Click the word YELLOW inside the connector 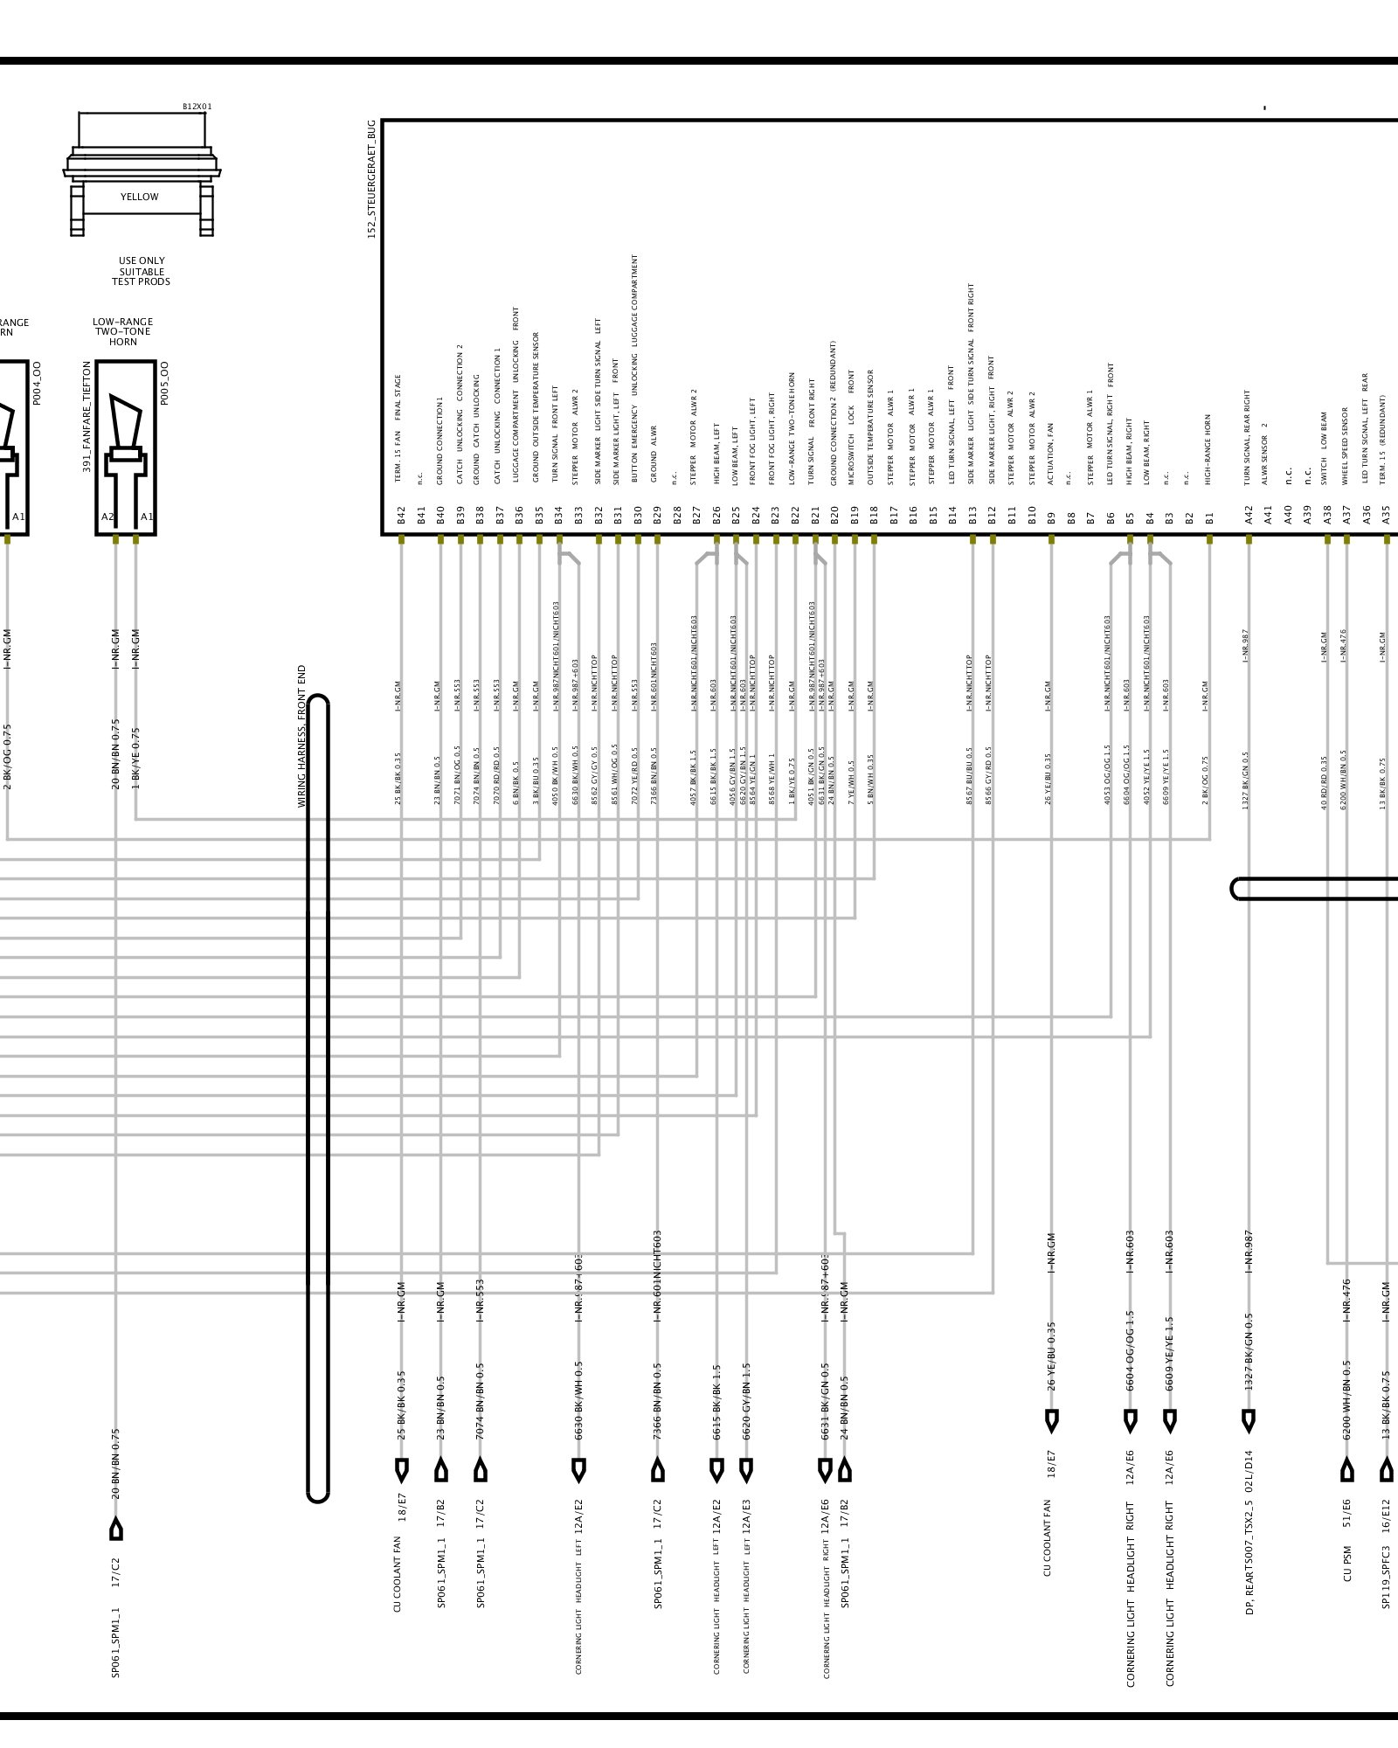(x=140, y=198)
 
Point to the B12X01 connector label (x=197, y=107)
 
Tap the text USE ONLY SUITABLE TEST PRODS (x=141, y=271)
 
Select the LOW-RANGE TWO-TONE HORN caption (x=123, y=332)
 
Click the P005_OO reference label (x=165, y=383)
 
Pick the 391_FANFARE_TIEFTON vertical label (x=87, y=417)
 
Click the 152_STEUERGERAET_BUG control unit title (x=371, y=179)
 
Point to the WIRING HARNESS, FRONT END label (x=302, y=736)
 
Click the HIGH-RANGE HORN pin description (x=1208, y=449)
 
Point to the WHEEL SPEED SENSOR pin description (x=1346, y=445)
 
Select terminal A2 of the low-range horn (x=107, y=517)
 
